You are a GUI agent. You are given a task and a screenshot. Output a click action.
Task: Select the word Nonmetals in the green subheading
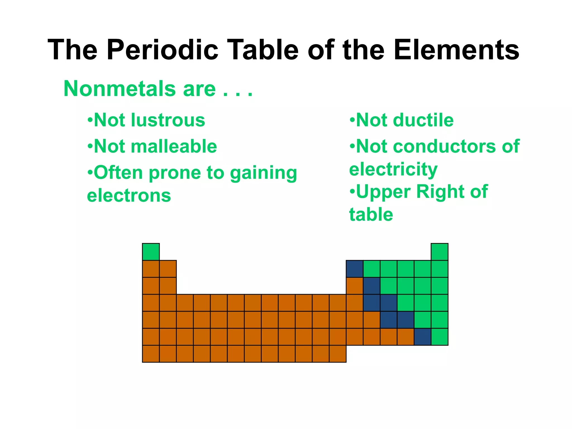tap(120, 89)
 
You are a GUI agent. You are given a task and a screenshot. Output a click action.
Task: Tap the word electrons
tap(129, 196)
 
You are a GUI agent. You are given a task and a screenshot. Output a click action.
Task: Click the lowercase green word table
tap(371, 214)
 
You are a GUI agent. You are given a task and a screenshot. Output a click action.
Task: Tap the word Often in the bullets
tap(118, 173)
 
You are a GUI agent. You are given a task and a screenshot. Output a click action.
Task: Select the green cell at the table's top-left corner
tap(151, 252)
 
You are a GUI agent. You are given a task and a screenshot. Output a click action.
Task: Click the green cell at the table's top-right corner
tap(439, 252)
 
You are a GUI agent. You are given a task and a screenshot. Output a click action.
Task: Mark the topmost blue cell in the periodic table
tap(354, 269)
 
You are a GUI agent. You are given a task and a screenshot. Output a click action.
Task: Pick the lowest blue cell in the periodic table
tap(422, 337)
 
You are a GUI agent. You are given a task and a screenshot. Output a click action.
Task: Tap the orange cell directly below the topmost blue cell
tap(354, 286)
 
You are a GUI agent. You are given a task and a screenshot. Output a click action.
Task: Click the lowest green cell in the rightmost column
tap(439, 337)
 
